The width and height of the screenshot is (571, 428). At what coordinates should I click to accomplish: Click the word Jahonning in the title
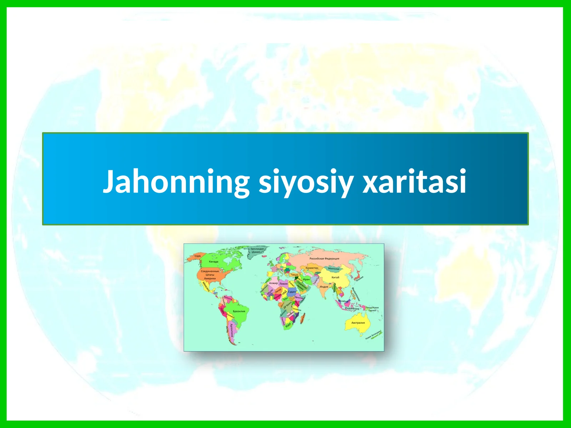(176, 182)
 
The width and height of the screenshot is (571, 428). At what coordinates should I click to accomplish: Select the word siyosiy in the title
(305, 182)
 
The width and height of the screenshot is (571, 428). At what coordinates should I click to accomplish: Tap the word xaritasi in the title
(414, 182)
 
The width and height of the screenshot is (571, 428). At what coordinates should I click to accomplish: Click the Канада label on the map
(213, 261)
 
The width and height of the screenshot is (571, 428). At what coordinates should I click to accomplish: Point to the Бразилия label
(239, 311)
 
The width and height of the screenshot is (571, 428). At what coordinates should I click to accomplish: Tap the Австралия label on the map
(358, 323)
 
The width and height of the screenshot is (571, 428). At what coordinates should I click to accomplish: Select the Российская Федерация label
(324, 259)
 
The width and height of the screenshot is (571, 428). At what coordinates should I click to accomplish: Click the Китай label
(335, 277)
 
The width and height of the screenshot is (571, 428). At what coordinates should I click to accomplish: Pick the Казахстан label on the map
(312, 268)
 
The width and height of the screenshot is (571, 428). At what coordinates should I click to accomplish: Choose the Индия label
(324, 287)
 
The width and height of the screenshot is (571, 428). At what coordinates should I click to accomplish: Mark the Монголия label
(334, 269)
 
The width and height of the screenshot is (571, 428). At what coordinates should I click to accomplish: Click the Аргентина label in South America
(232, 330)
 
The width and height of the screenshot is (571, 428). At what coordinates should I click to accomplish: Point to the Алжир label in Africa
(273, 283)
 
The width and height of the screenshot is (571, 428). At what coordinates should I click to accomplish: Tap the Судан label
(292, 292)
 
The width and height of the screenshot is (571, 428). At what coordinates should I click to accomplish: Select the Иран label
(306, 280)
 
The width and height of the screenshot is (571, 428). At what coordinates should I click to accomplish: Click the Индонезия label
(352, 309)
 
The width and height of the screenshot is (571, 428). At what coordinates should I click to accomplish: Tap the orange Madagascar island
(303, 320)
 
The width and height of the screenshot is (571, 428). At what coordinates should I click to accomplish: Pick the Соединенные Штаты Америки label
(210, 275)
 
